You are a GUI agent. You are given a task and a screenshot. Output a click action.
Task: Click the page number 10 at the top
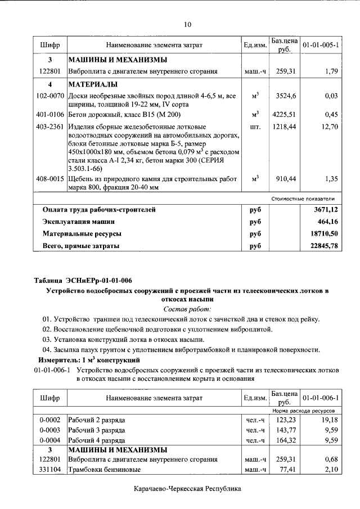[187, 24]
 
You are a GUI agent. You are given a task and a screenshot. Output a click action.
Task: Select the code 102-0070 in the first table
[49, 96]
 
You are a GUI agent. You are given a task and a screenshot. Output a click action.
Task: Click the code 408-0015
[49, 178]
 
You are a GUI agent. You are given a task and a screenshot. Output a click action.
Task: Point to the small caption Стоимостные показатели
[303, 199]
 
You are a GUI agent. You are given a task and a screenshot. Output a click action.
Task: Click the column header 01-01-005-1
[320, 44]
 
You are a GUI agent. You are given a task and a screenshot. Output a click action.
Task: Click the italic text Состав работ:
[187, 309]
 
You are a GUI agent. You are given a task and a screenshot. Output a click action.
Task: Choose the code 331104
[49, 469]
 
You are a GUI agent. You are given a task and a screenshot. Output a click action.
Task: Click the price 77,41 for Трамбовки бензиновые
[287, 469]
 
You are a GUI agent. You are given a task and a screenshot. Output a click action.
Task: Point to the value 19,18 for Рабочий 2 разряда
[328, 420]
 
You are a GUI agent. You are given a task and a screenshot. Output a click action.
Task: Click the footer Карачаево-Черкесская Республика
[187, 489]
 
